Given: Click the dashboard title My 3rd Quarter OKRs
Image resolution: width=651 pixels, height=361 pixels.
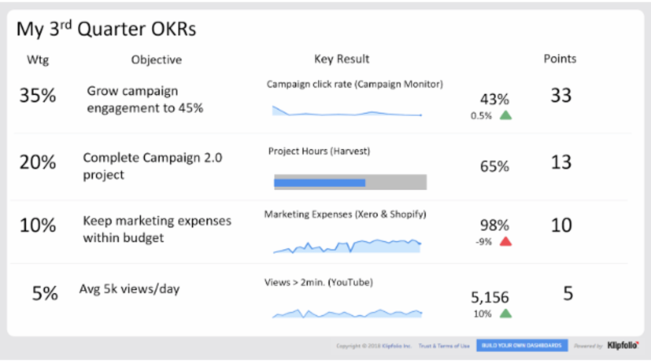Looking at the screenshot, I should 106,29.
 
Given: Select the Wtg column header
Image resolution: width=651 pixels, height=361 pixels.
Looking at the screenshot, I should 38,60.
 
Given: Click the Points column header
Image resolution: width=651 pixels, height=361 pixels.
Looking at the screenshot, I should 560,59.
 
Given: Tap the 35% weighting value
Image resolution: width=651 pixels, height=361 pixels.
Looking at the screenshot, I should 38,95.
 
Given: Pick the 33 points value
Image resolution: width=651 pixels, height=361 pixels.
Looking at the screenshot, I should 561,95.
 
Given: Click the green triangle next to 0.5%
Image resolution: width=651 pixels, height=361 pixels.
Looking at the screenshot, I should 506,116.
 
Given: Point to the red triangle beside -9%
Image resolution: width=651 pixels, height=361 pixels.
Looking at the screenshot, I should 506,242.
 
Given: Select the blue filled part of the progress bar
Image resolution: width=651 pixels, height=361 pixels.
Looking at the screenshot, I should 319,183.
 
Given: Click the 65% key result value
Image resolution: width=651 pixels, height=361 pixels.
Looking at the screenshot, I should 494,166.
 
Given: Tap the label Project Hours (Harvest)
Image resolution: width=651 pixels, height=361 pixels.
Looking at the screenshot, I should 319,151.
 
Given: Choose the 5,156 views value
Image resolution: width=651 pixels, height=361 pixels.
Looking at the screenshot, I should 490,297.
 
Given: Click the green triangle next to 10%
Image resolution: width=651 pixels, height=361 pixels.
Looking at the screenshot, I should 506,313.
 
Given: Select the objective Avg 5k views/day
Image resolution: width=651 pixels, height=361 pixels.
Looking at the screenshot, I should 130,289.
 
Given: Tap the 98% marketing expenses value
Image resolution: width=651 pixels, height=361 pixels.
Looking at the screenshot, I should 494,225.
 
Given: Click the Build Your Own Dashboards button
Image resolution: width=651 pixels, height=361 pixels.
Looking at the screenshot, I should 522,345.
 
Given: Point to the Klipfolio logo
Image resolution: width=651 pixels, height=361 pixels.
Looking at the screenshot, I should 623,345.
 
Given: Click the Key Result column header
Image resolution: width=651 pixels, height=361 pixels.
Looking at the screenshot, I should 341,59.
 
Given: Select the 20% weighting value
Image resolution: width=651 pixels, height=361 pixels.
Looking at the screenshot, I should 38,162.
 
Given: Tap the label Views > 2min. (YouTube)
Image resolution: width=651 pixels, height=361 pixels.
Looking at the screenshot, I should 318,282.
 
